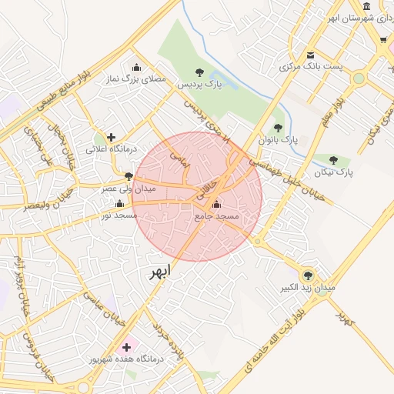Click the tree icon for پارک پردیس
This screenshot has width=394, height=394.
[200, 72]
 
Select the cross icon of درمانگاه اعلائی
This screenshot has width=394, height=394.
[112, 136]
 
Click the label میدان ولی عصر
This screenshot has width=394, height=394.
[129, 188]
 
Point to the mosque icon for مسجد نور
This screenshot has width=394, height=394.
[119, 203]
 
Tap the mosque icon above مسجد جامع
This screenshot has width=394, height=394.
[215, 204]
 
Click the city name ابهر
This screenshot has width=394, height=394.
[159, 272]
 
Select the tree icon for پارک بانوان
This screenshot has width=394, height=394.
[278, 128]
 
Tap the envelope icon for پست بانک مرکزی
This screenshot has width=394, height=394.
[311, 55]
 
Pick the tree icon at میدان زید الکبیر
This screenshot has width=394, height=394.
[308, 275]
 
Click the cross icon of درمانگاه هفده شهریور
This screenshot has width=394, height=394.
[127, 347]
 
